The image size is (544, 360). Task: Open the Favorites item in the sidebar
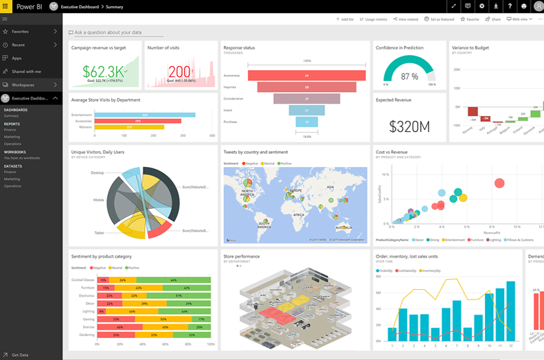point(20,32)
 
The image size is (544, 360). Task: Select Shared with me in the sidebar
point(26,71)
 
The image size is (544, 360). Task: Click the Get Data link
point(20,355)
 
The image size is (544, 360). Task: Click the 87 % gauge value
point(409,76)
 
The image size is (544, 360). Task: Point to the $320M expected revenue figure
point(409,126)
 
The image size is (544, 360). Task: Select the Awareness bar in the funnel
point(307,76)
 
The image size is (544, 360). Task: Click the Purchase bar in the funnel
point(307,122)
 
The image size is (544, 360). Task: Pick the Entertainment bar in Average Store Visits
point(144,115)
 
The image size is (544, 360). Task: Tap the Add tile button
point(345,19)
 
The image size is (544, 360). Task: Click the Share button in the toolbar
point(493,19)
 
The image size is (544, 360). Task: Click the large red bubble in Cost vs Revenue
point(499,183)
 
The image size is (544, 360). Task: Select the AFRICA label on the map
point(298,214)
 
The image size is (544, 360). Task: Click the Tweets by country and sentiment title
point(256,152)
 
